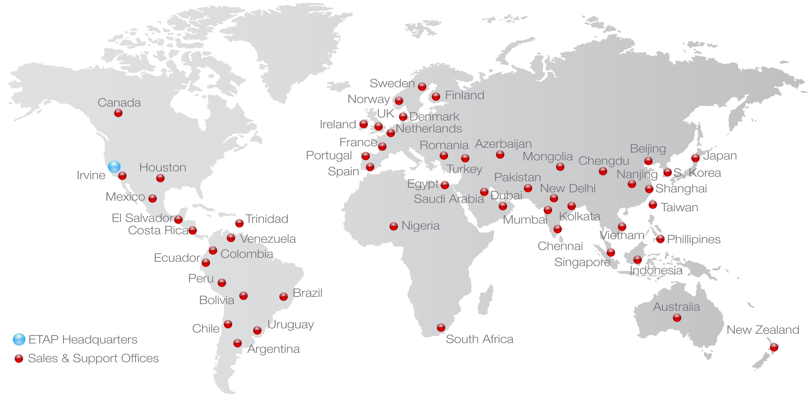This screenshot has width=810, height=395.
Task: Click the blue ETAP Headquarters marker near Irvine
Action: click(x=114, y=167)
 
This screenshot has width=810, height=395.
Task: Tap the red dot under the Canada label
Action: click(x=118, y=113)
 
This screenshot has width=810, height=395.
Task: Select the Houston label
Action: click(x=163, y=168)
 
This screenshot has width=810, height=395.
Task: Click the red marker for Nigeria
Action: click(x=394, y=226)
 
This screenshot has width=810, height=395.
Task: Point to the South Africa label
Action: click(x=479, y=339)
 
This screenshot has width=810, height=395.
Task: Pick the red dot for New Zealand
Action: click(x=774, y=347)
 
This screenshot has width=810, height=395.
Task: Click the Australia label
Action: click(x=676, y=307)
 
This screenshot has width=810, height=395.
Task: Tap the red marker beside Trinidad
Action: click(x=239, y=223)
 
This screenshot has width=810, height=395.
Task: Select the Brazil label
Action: click(x=308, y=293)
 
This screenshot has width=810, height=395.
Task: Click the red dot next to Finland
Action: click(x=436, y=96)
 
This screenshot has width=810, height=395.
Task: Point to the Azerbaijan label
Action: click(x=503, y=144)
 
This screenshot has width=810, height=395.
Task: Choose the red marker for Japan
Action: click(x=695, y=158)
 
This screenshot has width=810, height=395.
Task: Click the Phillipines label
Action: click(x=694, y=239)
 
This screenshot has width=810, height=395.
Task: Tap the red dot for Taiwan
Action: click(x=653, y=205)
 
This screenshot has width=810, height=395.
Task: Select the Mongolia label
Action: click(x=548, y=157)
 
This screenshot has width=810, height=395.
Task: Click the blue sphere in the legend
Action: click(x=19, y=340)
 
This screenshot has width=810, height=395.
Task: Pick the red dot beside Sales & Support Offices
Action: click(x=19, y=358)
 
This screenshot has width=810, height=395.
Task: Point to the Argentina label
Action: click(x=273, y=349)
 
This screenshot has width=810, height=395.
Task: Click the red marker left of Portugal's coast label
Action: click(x=366, y=156)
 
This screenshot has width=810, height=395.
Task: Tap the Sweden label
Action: click(x=392, y=84)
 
